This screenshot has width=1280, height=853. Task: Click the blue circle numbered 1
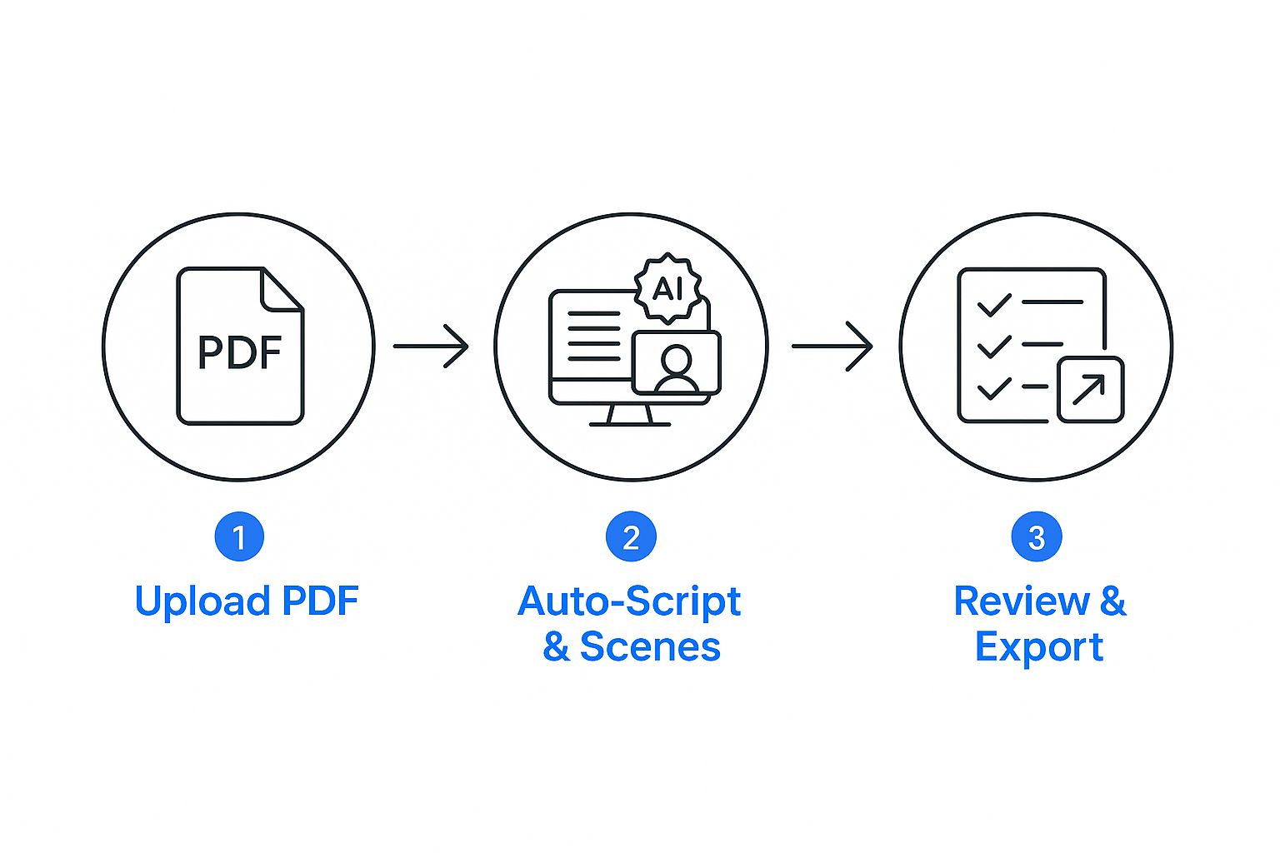pyautogui.click(x=239, y=537)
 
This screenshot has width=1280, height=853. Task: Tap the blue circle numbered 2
pyautogui.click(x=631, y=537)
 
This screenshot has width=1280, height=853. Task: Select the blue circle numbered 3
pyautogui.click(x=1037, y=537)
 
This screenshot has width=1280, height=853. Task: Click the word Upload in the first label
pyautogui.click(x=202, y=601)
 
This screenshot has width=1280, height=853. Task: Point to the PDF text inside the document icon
pyautogui.click(x=240, y=353)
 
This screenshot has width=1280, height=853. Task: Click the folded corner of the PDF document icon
pyautogui.click(x=282, y=290)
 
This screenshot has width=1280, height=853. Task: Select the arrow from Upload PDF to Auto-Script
pyautogui.click(x=431, y=346)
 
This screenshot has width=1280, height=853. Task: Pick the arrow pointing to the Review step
pyautogui.click(x=832, y=346)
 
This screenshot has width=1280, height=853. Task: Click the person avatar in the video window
pyautogui.click(x=676, y=367)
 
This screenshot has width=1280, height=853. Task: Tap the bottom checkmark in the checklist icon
pyautogui.click(x=994, y=388)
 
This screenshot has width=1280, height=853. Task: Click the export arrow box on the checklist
pyautogui.click(x=1090, y=389)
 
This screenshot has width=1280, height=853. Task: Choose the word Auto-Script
pyautogui.click(x=629, y=601)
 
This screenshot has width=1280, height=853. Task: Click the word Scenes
pyautogui.click(x=650, y=647)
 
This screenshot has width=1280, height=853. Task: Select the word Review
pyautogui.click(x=1022, y=601)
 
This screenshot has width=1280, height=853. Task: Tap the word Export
pyautogui.click(x=1039, y=647)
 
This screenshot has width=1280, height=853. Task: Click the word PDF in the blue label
pyautogui.click(x=321, y=601)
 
